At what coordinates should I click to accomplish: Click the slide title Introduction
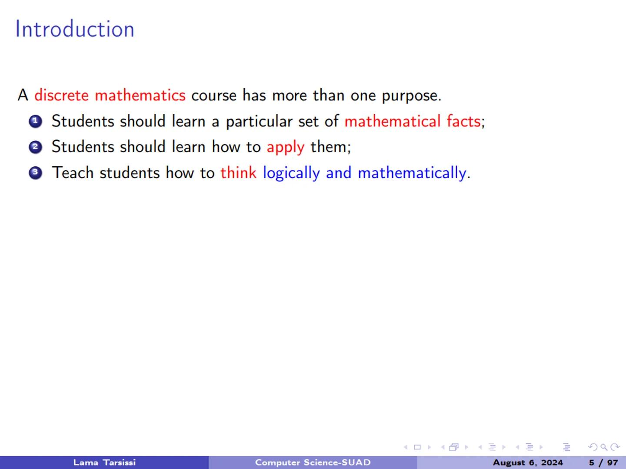tap(75, 30)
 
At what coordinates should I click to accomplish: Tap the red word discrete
tap(61, 95)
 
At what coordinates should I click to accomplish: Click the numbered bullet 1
tap(36, 122)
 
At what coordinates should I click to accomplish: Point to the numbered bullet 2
tap(36, 147)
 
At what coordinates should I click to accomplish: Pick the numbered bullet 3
tap(36, 173)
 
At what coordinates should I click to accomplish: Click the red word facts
tap(463, 121)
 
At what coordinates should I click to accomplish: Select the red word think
tap(238, 173)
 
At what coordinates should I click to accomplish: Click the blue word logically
tap(291, 173)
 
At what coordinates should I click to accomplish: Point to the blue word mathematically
tap(412, 173)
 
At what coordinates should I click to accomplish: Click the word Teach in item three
tap(73, 173)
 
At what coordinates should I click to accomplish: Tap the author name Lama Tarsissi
tap(104, 462)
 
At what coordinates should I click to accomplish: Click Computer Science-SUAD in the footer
tap(313, 462)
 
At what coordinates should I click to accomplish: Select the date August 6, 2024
tap(527, 462)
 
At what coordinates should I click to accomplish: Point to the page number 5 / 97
tap(603, 462)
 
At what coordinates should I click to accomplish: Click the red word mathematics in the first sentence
tap(140, 95)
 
